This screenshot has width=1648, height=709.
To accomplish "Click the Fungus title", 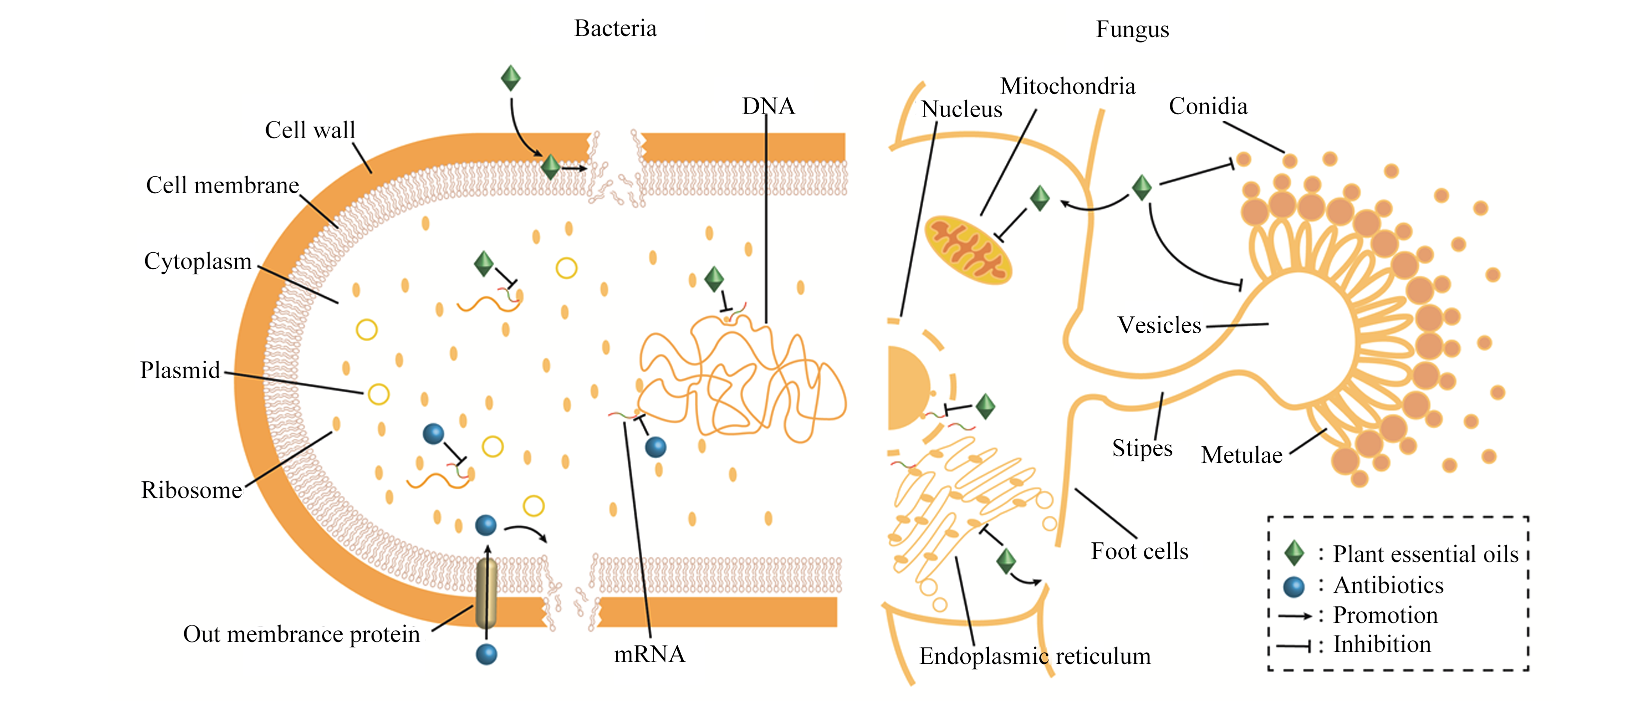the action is (x=1132, y=30).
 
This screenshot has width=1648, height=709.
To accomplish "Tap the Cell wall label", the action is (x=310, y=131).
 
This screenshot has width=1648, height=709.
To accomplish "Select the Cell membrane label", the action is (x=223, y=186).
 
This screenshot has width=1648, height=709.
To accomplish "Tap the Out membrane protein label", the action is (x=301, y=634).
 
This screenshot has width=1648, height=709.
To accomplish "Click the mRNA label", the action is (x=649, y=654).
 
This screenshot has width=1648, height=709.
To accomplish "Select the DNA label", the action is (x=768, y=106).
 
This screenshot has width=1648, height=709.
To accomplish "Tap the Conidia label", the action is (x=1208, y=106).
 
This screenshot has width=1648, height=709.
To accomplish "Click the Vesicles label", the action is (x=1159, y=325).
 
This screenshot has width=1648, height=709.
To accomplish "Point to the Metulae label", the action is (x=1242, y=455).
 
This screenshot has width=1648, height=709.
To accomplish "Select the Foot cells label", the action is (x=1139, y=551).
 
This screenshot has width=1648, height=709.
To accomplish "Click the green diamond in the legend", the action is (x=1294, y=553).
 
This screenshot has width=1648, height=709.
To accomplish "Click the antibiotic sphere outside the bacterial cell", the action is (x=486, y=654).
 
